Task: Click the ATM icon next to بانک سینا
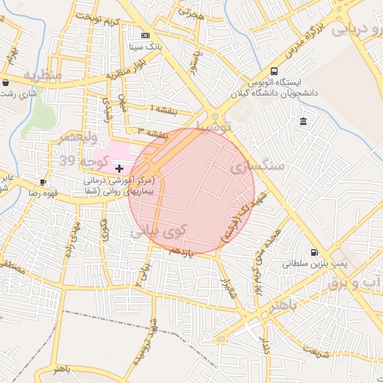144,35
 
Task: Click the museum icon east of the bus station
303,121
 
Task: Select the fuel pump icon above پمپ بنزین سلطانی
313,253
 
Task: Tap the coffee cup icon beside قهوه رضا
43,182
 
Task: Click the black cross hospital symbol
119,169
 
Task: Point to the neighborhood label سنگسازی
259,166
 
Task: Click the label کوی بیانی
151,233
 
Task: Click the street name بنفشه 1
165,111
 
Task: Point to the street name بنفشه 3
152,132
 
